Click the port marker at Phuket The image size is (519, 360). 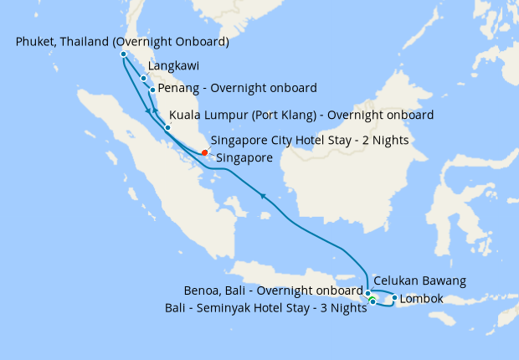tap(123, 54)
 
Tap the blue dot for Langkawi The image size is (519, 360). tap(144, 79)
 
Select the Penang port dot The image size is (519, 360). tap(152, 90)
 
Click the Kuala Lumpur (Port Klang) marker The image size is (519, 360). tap(167, 128)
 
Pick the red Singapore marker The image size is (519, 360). tap(205, 152)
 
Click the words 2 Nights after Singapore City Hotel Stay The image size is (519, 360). tap(383, 140)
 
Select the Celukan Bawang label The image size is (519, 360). tap(419, 280)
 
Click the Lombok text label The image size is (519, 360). tap(421, 298)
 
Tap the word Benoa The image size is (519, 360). tap(201, 291)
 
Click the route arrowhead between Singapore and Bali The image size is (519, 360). tap(264, 197)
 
